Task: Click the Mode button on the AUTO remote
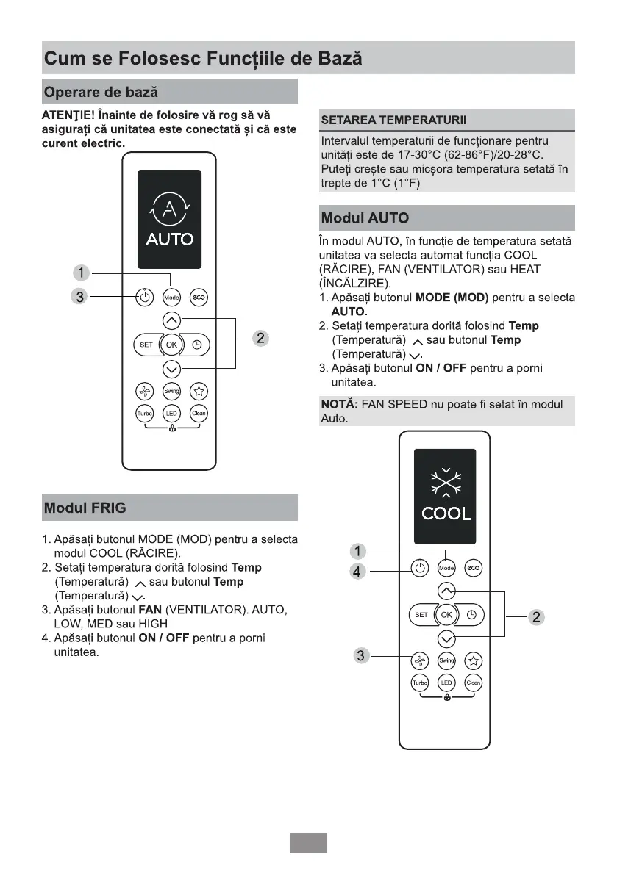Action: coord(171,298)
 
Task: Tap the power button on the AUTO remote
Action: coord(145,298)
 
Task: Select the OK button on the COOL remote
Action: coord(446,614)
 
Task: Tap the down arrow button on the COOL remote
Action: coord(446,638)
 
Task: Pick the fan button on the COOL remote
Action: coord(419,660)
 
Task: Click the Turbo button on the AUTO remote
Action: coord(145,414)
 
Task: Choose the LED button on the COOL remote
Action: coord(446,683)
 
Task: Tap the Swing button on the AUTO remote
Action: coord(171,391)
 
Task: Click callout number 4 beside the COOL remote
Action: coord(357,570)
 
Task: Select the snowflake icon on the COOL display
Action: coord(446,482)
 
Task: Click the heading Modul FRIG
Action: coord(85,508)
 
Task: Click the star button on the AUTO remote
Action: coord(198,391)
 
